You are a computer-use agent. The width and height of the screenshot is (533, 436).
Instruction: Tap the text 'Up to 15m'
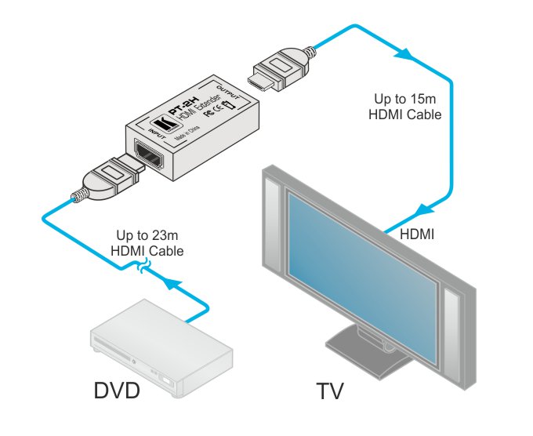(x=404, y=100)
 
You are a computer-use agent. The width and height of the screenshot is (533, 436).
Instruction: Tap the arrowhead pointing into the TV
(x=424, y=210)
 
